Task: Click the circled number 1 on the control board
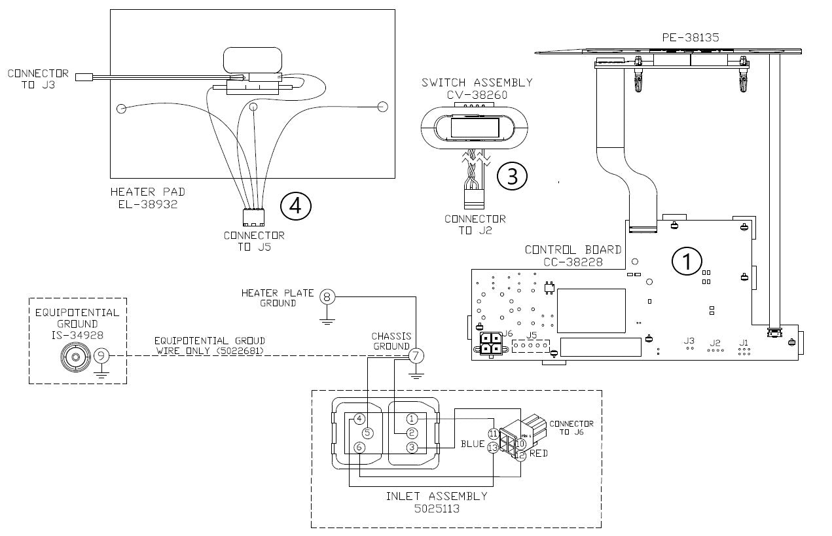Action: [687, 261]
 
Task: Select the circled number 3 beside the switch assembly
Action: [512, 176]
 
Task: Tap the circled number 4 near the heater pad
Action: [296, 205]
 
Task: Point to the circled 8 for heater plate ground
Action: [327, 296]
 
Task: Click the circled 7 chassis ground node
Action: [416, 356]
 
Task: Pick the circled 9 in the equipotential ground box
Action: [101, 356]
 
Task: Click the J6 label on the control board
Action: [507, 334]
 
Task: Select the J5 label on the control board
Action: [532, 335]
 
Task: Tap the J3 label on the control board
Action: [689, 340]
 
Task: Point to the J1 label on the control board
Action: [743, 342]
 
